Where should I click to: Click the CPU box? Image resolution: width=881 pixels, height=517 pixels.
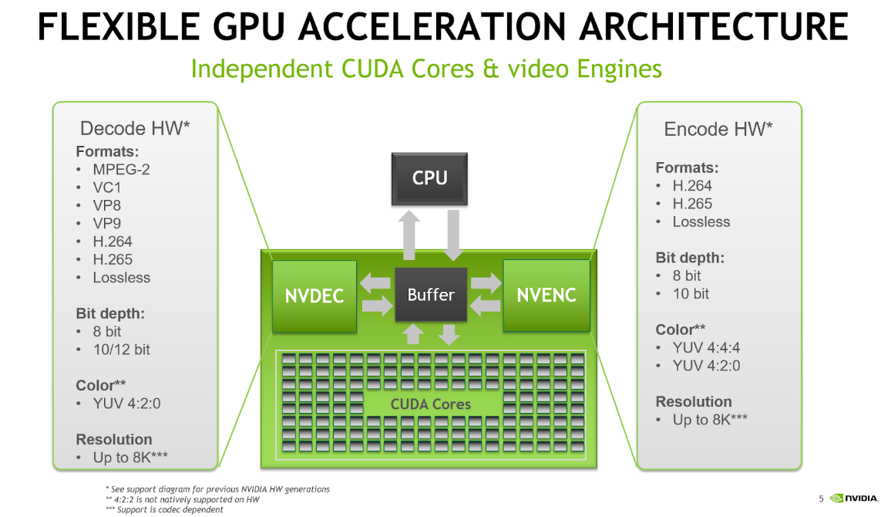[x=429, y=178]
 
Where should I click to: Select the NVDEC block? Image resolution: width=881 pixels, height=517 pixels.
[x=314, y=296]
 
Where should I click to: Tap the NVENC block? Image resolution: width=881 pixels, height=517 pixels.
[x=546, y=296]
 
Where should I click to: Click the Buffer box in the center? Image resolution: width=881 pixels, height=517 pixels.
[x=430, y=295]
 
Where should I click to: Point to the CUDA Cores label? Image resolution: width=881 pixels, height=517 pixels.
[x=430, y=404]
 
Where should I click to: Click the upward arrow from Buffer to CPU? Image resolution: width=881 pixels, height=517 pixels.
[x=410, y=235]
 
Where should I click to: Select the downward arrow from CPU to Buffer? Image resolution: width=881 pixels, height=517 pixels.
[x=452, y=235]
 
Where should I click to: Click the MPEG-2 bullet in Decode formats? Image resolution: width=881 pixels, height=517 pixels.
[x=121, y=169]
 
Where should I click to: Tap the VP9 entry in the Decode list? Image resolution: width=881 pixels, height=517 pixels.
[x=106, y=223]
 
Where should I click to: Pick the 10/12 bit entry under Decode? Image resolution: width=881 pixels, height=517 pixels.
[x=121, y=350]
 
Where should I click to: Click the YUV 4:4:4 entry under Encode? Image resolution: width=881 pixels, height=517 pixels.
[x=706, y=348]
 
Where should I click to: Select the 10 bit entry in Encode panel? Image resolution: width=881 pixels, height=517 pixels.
[x=691, y=294]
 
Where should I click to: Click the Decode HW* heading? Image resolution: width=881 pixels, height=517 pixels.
[x=135, y=128]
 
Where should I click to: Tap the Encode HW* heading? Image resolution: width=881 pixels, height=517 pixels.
[x=718, y=129]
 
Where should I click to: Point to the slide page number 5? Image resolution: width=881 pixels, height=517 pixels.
[x=822, y=498]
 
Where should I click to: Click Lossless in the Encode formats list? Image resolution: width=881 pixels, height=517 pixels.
[x=701, y=222]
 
